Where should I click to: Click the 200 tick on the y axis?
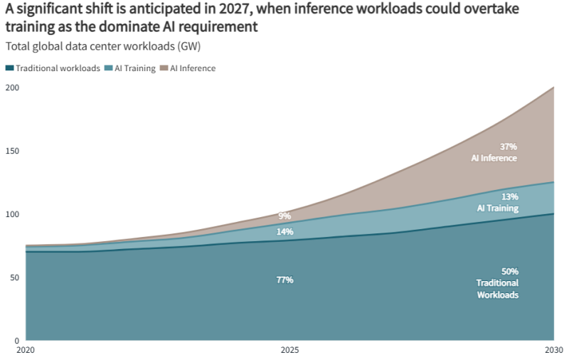pos(11,88)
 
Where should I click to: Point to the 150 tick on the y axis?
pos(11,151)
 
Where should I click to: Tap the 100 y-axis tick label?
pos(11,214)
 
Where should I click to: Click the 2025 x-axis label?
pos(289,350)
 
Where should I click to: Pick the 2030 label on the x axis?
pos(553,350)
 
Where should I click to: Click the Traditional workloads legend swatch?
pos(9,68)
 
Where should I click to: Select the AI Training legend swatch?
pos(108,68)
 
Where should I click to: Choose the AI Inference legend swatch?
pos(164,68)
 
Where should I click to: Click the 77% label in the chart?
pos(284,280)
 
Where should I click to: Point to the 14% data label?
pos(284,232)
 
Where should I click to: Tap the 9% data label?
pos(284,216)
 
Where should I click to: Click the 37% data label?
pos(509,147)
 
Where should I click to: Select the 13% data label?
pos(510,196)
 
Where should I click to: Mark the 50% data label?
pos(510,271)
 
